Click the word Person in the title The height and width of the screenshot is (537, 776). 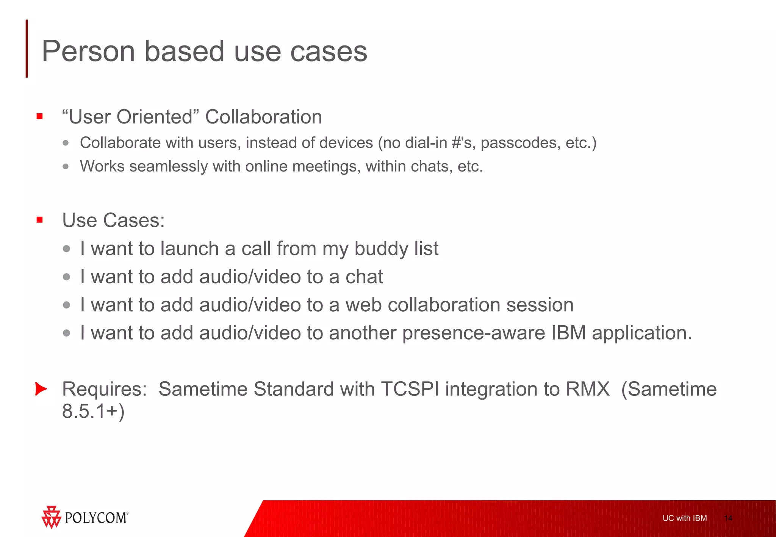[x=88, y=52]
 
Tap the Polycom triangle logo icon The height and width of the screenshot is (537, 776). [x=51, y=517]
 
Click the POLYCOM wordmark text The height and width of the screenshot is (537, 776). [x=96, y=518]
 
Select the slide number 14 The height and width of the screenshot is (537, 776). [x=728, y=518]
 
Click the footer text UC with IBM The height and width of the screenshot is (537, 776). [x=684, y=518]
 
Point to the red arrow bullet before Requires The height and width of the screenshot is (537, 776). [x=41, y=389]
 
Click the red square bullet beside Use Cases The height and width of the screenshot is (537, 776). [x=40, y=220]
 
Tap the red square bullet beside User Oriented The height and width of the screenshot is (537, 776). [x=40, y=116]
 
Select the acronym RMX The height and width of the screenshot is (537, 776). [x=587, y=389]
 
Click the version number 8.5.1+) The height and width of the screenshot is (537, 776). [x=93, y=411]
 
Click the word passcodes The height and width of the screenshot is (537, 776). [x=520, y=143]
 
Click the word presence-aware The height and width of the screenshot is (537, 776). [x=473, y=333]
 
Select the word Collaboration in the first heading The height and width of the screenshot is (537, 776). [x=263, y=117]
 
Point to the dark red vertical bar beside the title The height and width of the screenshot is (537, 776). [x=27, y=48]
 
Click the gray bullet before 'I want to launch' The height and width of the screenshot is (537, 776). [x=67, y=249]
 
